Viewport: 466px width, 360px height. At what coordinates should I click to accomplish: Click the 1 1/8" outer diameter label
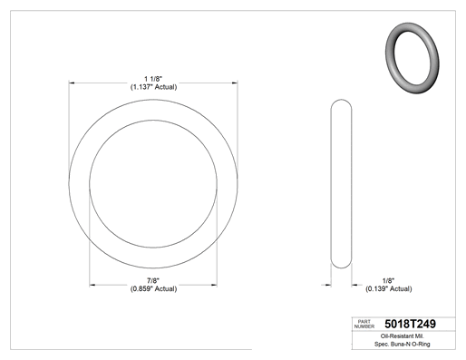coord(153,79)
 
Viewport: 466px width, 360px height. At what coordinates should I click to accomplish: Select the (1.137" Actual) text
coord(153,87)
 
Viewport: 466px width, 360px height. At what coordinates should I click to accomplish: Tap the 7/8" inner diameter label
coord(153,281)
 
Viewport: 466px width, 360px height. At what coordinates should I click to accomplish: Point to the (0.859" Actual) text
coord(153,289)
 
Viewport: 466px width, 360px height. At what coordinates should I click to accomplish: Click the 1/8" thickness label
coord(388,281)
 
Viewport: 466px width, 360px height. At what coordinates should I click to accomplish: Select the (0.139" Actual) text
coord(389,289)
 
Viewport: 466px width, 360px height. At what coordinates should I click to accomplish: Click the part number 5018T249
coord(410,324)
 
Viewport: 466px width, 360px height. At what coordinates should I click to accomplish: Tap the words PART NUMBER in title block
coord(364,324)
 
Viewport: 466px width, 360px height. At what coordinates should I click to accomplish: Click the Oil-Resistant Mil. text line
coord(403,336)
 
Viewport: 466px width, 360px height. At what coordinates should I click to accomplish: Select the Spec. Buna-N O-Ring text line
coord(403,344)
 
